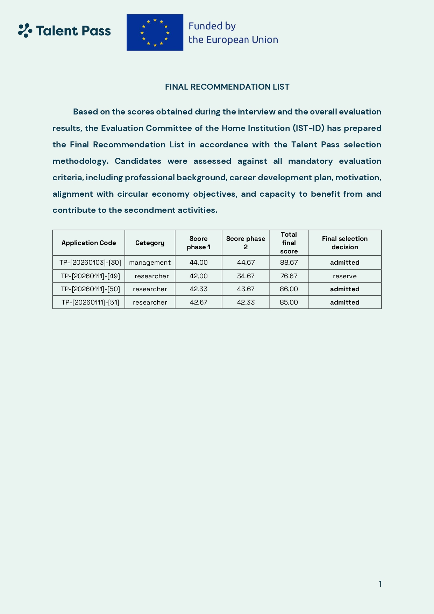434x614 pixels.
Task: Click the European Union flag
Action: pyautogui.click(x=155, y=33)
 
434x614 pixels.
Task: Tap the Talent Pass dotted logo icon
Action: pyautogui.click(x=25, y=30)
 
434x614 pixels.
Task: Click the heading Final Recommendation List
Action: pyautogui.click(x=227, y=87)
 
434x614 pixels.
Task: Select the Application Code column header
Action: pyautogui.click(x=88, y=243)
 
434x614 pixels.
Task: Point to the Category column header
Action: pyautogui.click(x=150, y=243)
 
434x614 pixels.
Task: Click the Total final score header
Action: pyautogui.click(x=289, y=243)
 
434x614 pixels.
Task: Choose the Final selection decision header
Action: pyautogui.click(x=344, y=243)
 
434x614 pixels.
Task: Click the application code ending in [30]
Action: pyautogui.click(x=90, y=263)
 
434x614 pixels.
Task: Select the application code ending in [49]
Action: pyautogui.click(x=90, y=276)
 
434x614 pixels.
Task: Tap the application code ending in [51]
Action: pyautogui.click(x=90, y=302)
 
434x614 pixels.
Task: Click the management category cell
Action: pyautogui.click(x=150, y=263)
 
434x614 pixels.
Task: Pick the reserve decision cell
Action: pyautogui.click(x=344, y=276)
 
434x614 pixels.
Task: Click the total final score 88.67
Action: pyautogui.click(x=289, y=263)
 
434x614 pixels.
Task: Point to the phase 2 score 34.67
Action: pyautogui.click(x=246, y=276)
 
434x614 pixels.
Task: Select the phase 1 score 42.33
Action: pyautogui.click(x=198, y=289)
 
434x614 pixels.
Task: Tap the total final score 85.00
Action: pyautogui.click(x=289, y=302)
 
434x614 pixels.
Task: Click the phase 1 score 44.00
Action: pyautogui.click(x=198, y=263)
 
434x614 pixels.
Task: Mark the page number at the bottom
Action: pyautogui.click(x=380, y=584)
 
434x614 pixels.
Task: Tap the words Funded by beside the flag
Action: pyautogui.click(x=212, y=26)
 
